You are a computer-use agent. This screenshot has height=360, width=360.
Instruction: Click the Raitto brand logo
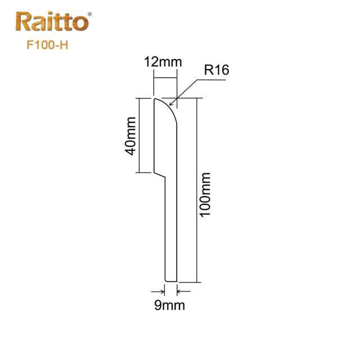click(52, 22)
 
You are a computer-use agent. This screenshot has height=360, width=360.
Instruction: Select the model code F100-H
click(48, 46)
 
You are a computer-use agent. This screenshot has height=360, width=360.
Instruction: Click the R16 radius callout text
click(217, 70)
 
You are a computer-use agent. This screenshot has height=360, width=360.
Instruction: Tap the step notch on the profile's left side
click(160, 174)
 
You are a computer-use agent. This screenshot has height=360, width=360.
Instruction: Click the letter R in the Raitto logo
click(24, 23)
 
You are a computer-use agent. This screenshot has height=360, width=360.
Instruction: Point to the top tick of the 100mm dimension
click(197, 97)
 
